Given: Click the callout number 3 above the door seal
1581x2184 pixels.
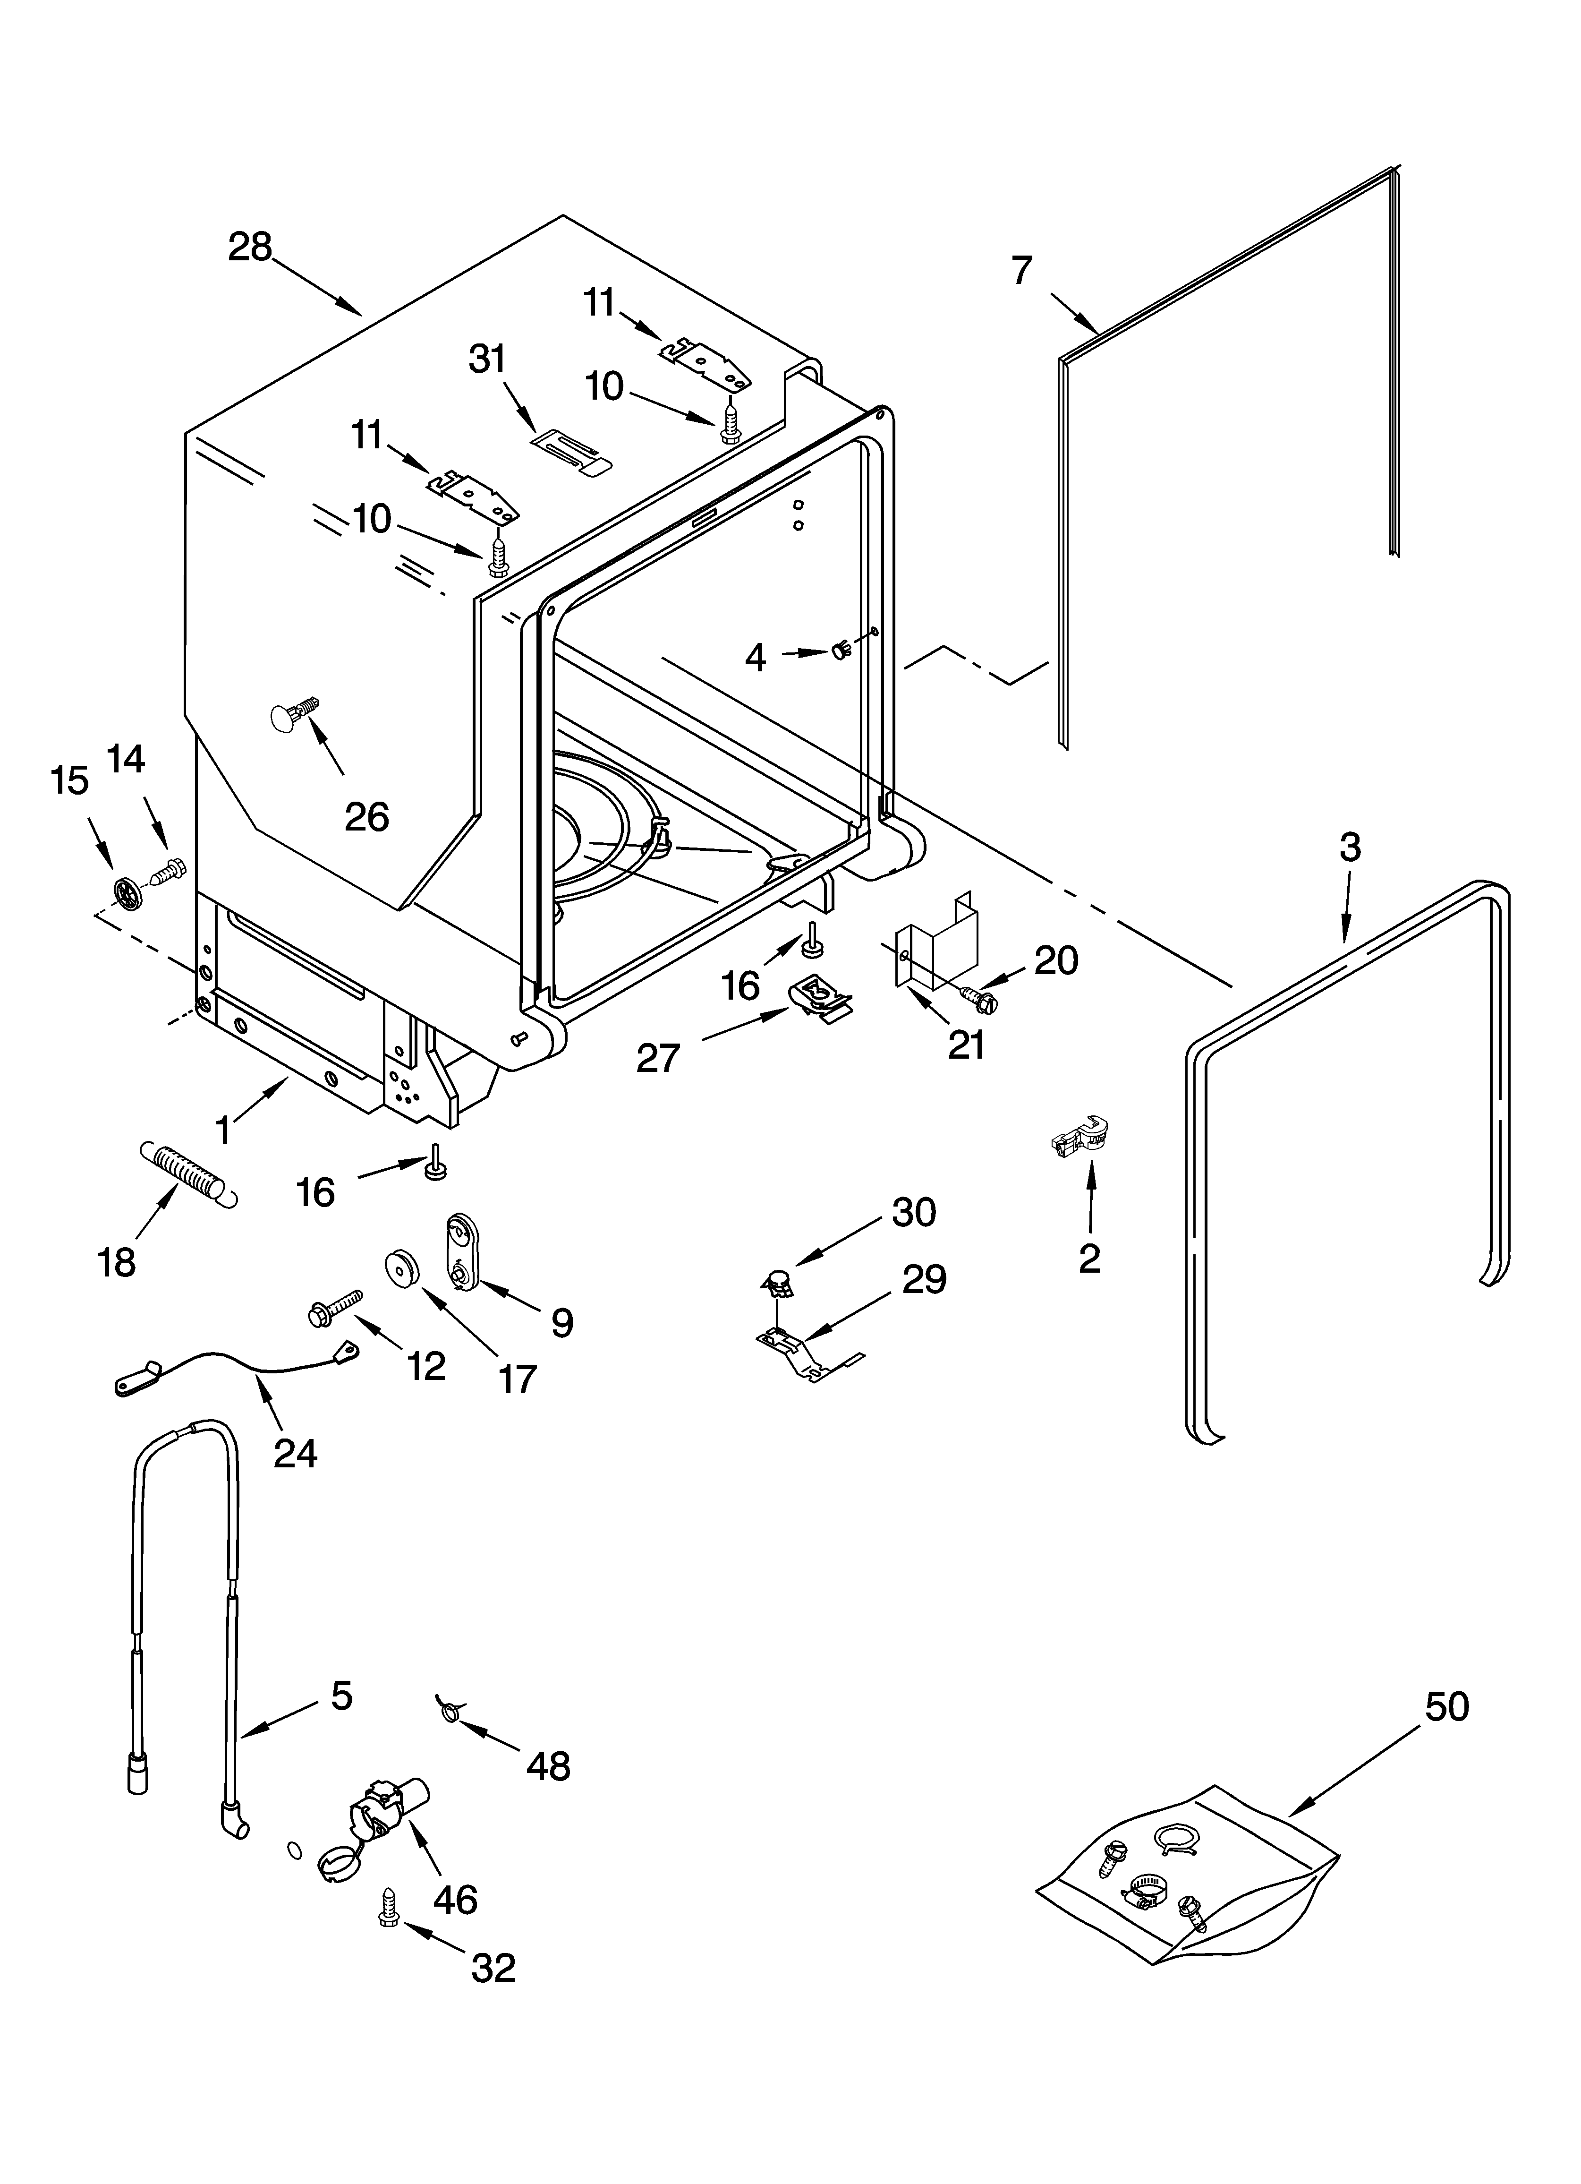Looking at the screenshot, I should [x=1350, y=848].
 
